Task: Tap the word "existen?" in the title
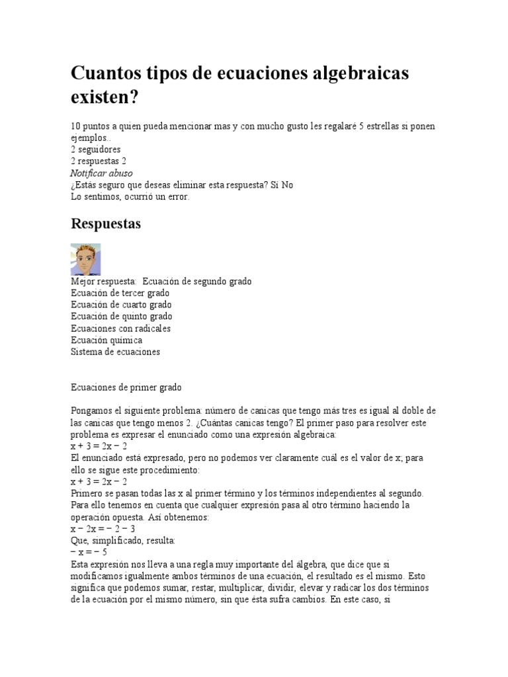pyautogui.click(x=105, y=99)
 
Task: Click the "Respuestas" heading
pyautogui.click(x=106, y=224)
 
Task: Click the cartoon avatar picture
pyautogui.click(x=85, y=259)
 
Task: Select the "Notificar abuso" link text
pyautogui.click(x=101, y=173)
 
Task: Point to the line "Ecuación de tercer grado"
pyautogui.click(x=120, y=293)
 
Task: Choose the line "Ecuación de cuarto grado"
pyautogui.click(x=121, y=305)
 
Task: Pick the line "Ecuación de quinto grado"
pyautogui.click(x=121, y=317)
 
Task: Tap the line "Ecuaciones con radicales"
pyautogui.click(x=120, y=329)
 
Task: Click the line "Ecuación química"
pyautogui.click(x=106, y=340)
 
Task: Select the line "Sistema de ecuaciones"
pyautogui.click(x=115, y=352)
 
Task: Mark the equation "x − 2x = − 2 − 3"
pyautogui.click(x=103, y=529)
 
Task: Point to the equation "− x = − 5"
pyautogui.click(x=89, y=552)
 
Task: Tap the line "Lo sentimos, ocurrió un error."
pyautogui.click(x=130, y=197)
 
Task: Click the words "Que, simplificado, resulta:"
pyautogui.click(x=122, y=541)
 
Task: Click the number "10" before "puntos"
pyautogui.click(x=75, y=126)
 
